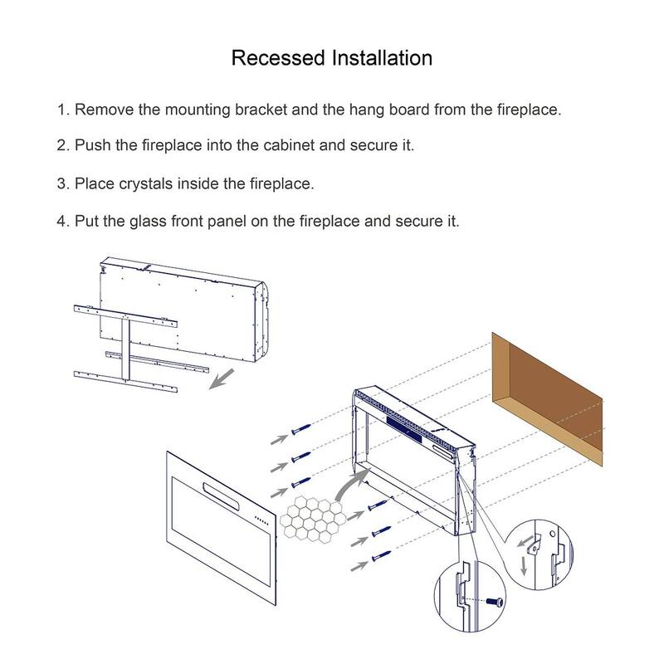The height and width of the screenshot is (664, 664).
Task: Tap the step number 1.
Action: point(61,110)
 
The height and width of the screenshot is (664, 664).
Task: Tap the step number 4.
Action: point(61,222)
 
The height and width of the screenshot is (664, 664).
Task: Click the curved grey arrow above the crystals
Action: point(352,485)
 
